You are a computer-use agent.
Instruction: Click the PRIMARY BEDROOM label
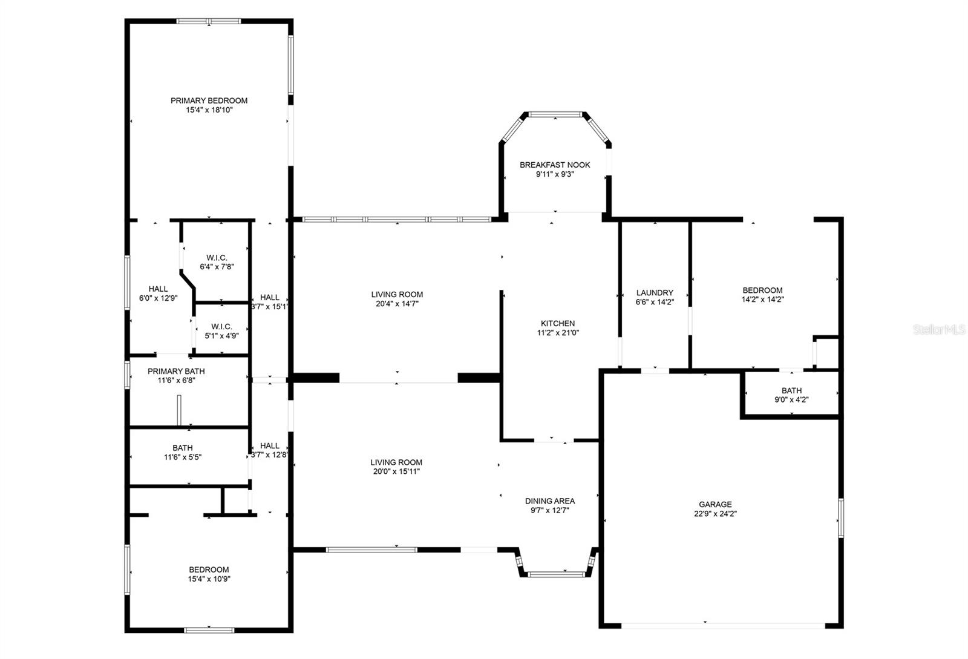(x=209, y=100)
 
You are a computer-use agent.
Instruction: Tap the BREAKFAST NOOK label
(x=555, y=165)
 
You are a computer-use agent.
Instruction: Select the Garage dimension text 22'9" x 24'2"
(x=715, y=514)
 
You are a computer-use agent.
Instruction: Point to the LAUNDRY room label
(x=655, y=292)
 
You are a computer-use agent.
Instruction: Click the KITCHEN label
(x=558, y=323)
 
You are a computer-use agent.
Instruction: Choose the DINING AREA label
(x=549, y=500)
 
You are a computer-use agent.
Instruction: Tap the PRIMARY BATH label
(x=176, y=371)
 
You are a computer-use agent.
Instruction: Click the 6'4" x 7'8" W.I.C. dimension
(x=217, y=266)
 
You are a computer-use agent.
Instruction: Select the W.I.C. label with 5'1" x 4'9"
(x=221, y=326)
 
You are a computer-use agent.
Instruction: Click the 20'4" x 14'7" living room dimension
(x=397, y=304)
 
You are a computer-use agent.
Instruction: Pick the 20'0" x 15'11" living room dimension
(x=396, y=471)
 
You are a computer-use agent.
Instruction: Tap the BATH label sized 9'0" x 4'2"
(x=791, y=390)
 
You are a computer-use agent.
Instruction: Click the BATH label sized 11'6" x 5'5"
(x=182, y=448)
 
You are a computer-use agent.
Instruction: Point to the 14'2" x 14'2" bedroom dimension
(x=762, y=299)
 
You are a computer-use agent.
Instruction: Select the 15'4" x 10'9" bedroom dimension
(x=209, y=579)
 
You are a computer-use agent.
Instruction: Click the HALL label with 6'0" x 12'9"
(x=158, y=289)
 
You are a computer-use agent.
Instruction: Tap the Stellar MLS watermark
(x=939, y=330)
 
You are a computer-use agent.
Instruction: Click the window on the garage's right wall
(x=841, y=517)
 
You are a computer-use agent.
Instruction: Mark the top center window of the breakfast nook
(x=555, y=113)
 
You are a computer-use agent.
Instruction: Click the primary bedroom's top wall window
(x=209, y=21)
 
